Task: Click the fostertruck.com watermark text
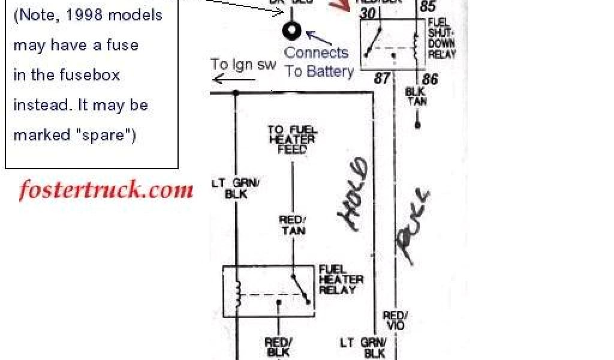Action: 106,190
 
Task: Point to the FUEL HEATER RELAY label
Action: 341,280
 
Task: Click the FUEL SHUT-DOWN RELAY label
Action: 441,38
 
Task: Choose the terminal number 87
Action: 382,78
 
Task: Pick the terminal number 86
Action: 429,79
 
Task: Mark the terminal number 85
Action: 428,7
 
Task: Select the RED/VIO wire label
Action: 396,320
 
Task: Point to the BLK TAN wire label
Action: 416,97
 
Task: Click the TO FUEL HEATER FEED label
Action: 292,140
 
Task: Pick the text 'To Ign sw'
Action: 242,64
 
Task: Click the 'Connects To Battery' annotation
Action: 318,61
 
